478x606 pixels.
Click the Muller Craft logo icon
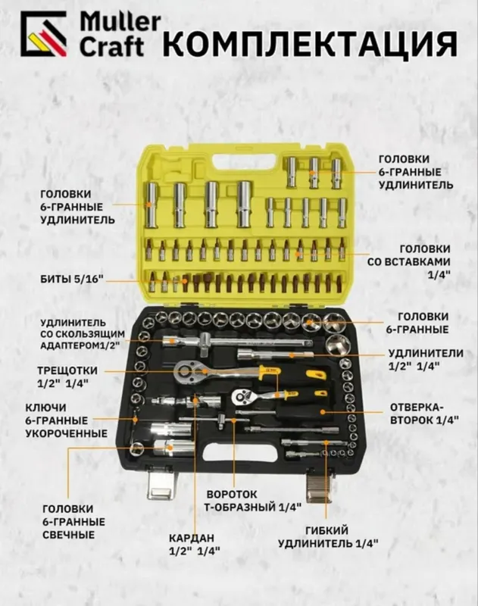coord(43,34)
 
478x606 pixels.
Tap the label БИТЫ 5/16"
coord(72,279)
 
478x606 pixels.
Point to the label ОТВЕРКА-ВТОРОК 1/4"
coord(424,414)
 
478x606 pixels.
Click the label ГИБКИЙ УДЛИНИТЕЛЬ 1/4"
coord(328,537)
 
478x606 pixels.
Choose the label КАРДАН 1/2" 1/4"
coord(194,544)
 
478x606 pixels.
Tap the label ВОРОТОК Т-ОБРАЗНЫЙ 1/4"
coord(253,500)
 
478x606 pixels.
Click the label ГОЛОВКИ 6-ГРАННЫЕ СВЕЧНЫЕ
coord(73,522)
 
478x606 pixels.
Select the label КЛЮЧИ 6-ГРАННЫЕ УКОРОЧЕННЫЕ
coord(67,420)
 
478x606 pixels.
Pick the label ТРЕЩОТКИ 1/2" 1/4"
coord(67,376)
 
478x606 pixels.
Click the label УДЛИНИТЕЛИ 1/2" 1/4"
coord(426,359)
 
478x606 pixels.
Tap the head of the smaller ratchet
coord(243,396)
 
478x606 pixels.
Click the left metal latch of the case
coord(160,483)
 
